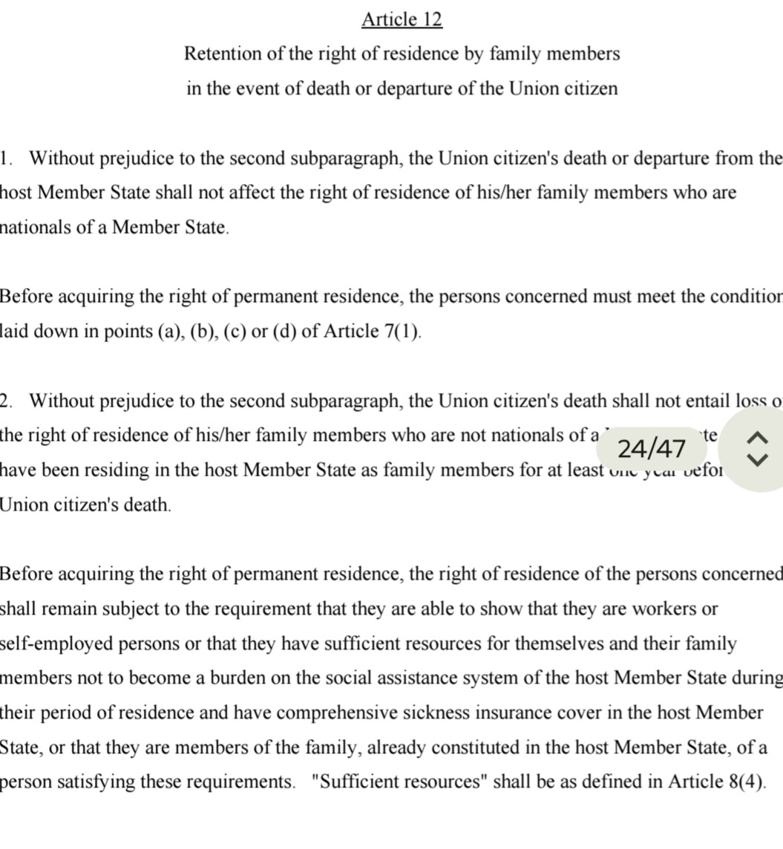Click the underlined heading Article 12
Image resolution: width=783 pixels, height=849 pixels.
402,19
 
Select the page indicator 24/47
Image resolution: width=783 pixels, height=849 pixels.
651,449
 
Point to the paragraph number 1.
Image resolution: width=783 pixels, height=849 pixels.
6,158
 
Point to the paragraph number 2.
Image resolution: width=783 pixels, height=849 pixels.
6,401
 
